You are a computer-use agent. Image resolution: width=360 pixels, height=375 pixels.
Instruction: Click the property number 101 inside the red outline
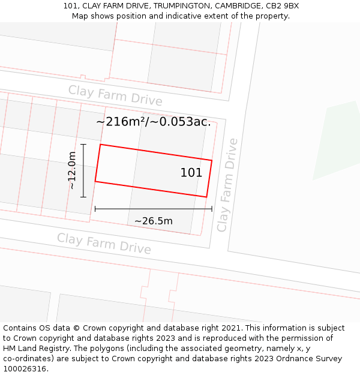(191, 173)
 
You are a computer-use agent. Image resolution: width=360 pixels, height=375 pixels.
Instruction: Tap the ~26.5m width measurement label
(153, 221)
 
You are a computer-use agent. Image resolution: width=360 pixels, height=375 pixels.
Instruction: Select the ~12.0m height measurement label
(72, 170)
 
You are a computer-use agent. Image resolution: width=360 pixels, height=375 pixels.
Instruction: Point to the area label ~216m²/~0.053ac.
(154, 122)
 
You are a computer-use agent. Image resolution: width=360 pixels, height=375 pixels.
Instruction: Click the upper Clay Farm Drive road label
(115, 95)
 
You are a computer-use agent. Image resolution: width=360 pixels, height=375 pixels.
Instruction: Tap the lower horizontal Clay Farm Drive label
(104, 244)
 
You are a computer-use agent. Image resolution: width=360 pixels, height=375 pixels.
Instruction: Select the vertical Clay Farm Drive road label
(227, 185)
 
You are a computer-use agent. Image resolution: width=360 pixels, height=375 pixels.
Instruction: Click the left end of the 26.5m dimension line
(95, 209)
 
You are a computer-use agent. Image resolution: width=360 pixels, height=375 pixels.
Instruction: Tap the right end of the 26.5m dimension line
(212, 209)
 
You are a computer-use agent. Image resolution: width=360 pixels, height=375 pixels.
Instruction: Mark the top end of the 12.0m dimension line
(83, 145)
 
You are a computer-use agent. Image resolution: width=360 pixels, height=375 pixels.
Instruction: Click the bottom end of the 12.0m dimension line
(83, 197)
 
